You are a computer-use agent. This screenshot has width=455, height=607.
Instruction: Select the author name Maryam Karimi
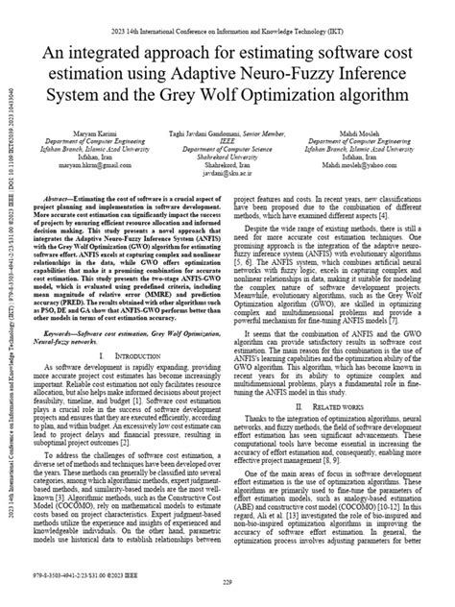point(96,132)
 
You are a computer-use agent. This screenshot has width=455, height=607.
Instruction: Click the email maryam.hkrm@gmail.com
point(96,178)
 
